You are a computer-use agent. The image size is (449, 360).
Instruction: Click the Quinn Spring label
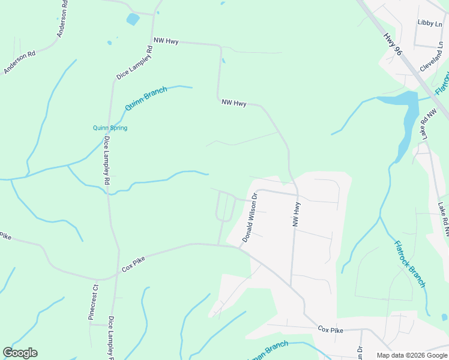pos(110,128)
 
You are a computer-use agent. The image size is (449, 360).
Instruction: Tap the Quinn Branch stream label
pos(146,98)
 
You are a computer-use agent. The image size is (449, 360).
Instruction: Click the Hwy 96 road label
pos(394,45)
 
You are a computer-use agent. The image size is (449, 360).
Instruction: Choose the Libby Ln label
pos(429,22)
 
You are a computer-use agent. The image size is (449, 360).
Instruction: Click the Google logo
pos(20,353)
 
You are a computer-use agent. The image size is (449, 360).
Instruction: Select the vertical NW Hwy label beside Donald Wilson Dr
pos(296,214)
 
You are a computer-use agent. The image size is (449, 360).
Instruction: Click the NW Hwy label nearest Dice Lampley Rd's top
pos(166,40)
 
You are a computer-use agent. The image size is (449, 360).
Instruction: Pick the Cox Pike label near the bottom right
pos(330,330)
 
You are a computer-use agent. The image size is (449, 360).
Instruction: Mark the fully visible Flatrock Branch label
pos(409,263)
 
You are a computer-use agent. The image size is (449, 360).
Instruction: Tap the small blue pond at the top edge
pos(133,19)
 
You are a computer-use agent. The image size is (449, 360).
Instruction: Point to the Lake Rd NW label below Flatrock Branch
pos(442,218)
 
